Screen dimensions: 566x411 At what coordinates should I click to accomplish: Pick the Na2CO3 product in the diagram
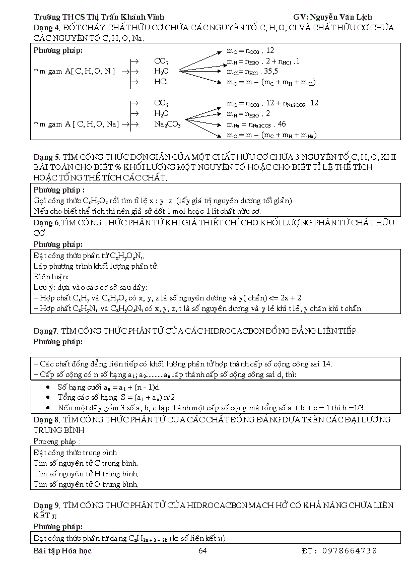pyautogui.click(x=167, y=124)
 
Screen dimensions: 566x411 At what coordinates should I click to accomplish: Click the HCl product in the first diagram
pyautogui.click(x=161, y=81)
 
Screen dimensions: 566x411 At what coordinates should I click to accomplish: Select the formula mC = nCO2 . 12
pyautogui.click(x=250, y=50)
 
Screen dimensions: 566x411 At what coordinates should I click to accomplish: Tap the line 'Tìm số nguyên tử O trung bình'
pyautogui.click(x=86, y=484)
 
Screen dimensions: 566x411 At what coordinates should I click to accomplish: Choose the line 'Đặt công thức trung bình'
pyautogui.click(x=75, y=453)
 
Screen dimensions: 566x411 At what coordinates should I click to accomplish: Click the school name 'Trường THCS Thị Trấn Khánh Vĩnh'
pyautogui.click(x=99, y=17)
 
